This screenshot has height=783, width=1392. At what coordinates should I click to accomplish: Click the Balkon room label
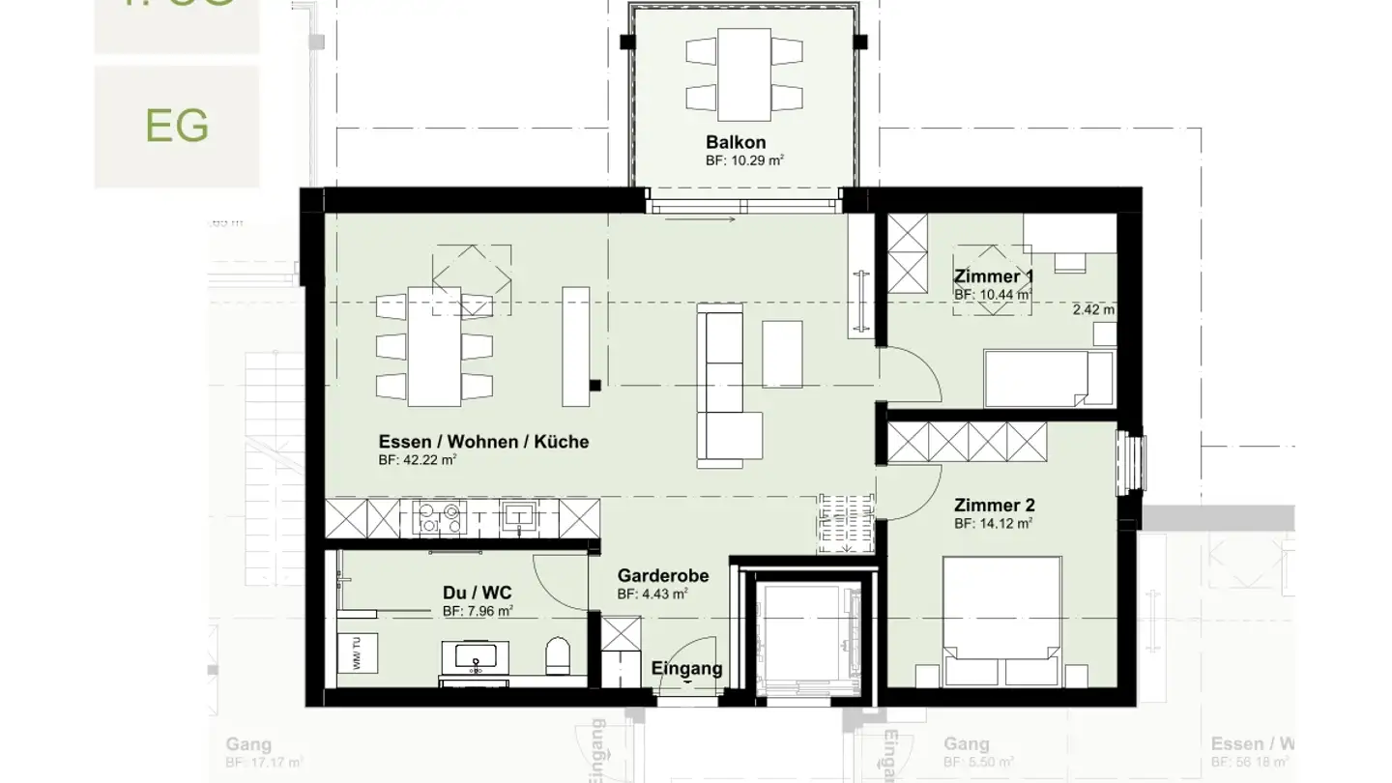[735, 142]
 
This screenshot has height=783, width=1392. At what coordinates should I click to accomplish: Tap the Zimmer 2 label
[994, 505]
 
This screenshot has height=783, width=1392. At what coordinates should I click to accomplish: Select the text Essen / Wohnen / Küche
[483, 442]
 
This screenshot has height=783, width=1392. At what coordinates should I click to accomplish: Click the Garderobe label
[663, 576]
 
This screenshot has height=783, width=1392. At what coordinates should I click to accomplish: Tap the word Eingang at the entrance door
[686, 668]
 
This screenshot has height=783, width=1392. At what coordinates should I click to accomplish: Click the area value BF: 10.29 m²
[743, 160]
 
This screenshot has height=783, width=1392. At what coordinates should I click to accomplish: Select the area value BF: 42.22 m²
[417, 460]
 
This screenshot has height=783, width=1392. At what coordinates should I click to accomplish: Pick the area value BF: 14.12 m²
[993, 523]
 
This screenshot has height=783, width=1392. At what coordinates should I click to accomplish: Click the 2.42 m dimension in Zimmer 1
[1093, 310]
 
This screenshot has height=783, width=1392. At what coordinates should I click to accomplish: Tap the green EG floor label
[177, 126]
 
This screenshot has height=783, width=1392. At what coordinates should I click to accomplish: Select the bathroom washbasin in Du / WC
[476, 658]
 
